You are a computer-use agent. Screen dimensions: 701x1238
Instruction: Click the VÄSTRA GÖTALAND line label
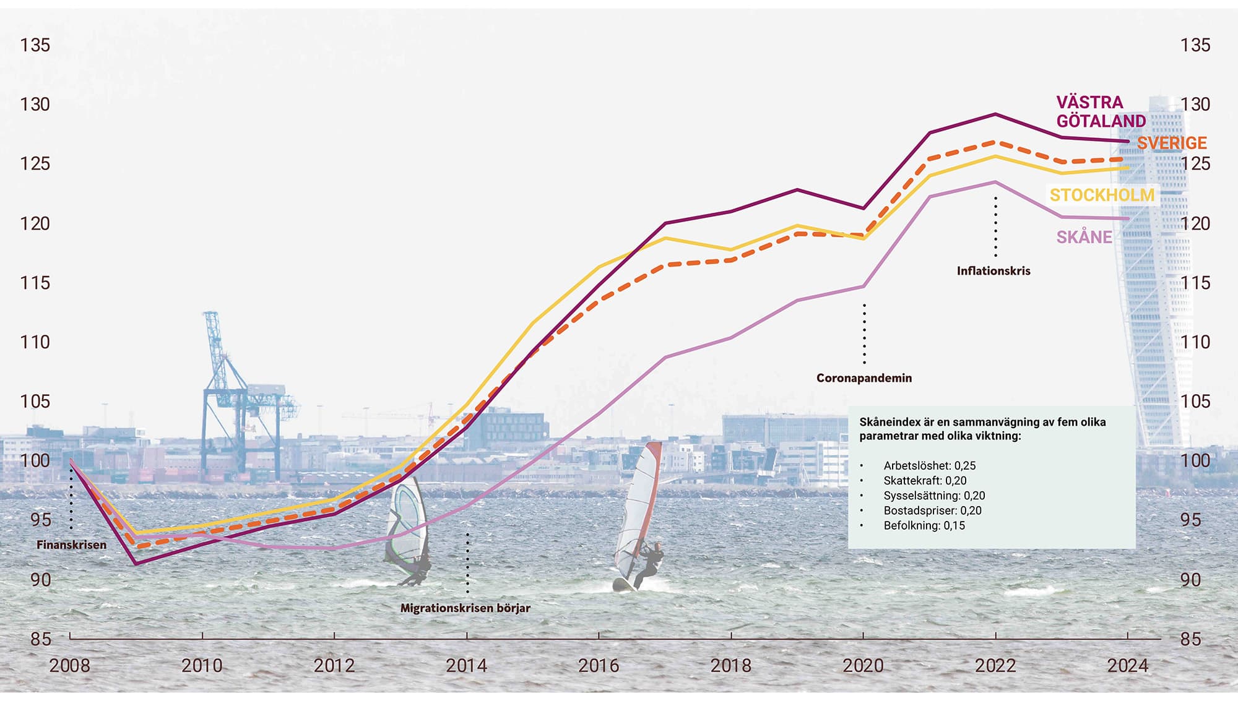1100,111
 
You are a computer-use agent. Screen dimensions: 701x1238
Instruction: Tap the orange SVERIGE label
1171,143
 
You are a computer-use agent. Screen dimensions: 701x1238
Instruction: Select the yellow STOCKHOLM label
1102,195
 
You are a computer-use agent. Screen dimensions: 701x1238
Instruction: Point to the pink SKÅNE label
1084,237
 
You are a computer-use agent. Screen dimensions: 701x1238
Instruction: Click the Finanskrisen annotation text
71,545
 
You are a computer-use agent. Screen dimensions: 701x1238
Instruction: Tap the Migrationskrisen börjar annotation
465,608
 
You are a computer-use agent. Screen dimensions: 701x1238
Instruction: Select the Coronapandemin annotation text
864,378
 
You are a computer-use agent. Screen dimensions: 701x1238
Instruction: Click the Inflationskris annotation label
993,271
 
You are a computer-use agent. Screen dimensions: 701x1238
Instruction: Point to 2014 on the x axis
466,666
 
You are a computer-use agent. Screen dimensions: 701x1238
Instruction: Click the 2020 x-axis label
863,666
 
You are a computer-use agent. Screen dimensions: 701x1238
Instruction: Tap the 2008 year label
69,666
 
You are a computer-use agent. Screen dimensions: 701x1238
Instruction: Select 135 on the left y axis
35,45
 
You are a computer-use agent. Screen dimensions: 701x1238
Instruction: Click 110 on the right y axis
1195,342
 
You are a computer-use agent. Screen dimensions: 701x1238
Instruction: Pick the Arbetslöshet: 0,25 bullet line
929,466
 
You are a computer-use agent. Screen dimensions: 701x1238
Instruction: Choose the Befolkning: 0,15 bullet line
924,526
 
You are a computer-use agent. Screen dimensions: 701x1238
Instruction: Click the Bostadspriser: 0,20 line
932,511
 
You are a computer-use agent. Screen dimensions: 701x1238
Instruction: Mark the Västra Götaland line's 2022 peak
995,114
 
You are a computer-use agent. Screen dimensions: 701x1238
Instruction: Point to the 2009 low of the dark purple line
136,564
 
